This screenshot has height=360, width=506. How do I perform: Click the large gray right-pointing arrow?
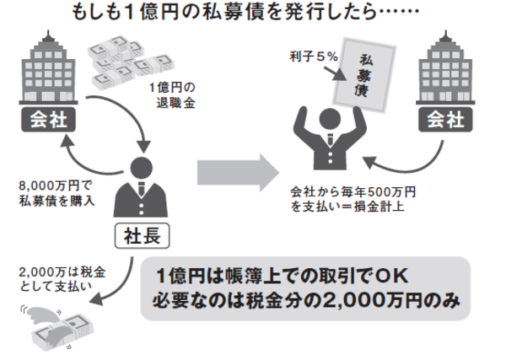[x=237, y=172]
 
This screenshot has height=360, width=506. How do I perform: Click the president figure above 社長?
[x=139, y=186]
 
